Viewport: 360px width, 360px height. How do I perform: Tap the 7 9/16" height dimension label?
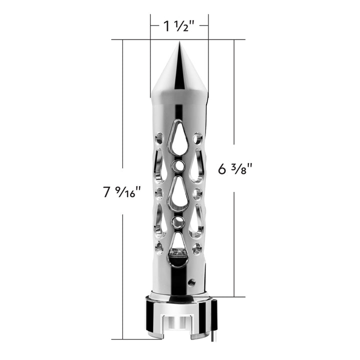121,191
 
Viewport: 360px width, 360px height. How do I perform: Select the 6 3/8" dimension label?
235,169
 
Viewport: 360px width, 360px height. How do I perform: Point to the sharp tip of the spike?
179,41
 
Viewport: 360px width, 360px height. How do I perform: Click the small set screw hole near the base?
191,281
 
